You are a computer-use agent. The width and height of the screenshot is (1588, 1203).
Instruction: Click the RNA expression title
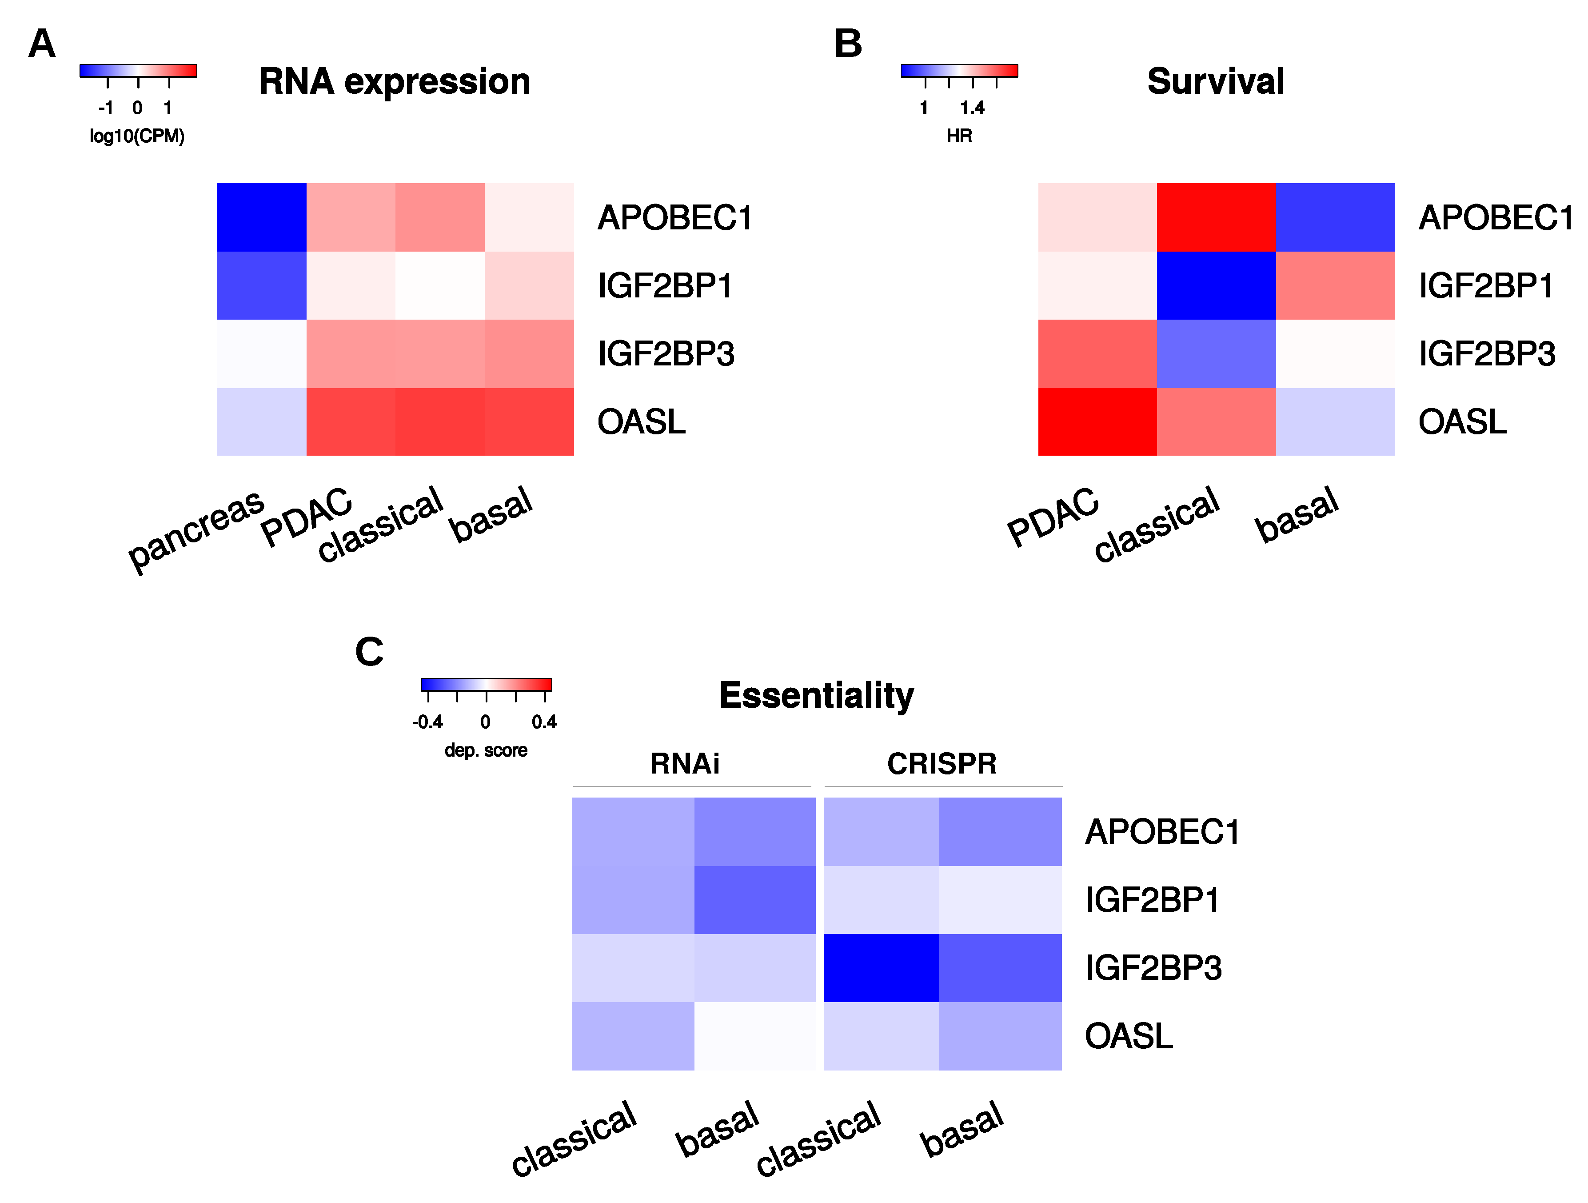pos(394,81)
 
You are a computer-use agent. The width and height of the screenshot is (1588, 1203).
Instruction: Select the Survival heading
pos(1215,81)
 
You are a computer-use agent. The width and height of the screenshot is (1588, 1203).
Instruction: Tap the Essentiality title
pos(816,695)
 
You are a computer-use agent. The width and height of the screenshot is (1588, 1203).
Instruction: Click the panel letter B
pos(848,44)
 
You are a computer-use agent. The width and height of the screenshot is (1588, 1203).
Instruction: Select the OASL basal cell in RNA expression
pos(529,421)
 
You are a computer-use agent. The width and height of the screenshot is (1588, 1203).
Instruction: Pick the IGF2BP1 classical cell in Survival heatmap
pos(1216,285)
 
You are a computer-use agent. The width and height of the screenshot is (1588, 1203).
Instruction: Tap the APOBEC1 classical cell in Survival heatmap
pos(1216,217)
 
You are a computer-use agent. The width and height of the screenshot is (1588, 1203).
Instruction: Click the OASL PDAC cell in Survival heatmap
pos(1097,421)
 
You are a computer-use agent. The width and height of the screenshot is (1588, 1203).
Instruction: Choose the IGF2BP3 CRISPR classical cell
pos(881,967)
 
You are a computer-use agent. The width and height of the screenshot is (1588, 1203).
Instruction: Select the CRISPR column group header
pos(942,763)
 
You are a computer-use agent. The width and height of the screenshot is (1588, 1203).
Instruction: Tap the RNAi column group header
pos(684,763)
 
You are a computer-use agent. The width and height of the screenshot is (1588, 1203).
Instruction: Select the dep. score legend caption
pos(486,750)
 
